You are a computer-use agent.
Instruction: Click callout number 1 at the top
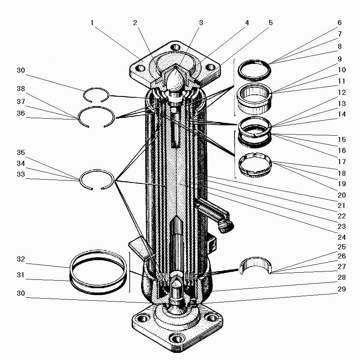pyautogui.click(x=92, y=23)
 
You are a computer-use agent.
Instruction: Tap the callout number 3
pyautogui.click(x=201, y=23)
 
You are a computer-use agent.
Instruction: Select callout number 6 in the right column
pyautogui.click(x=340, y=23)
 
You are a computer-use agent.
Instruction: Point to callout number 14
pyautogui.click(x=342, y=114)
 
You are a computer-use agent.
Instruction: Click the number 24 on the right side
pyautogui.click(x=342, y=237)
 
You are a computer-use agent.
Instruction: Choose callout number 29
pyautogui.click(x=342, y=289)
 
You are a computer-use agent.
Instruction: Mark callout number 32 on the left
pyautogui.click(x=21, y=259)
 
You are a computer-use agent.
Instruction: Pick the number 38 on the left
pyautogui.click(x=21, y=89)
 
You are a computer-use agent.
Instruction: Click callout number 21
pyautogui.click(x=342, y=205)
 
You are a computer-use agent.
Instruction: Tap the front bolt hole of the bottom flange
pyautogui.click(x=177, y=339)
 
